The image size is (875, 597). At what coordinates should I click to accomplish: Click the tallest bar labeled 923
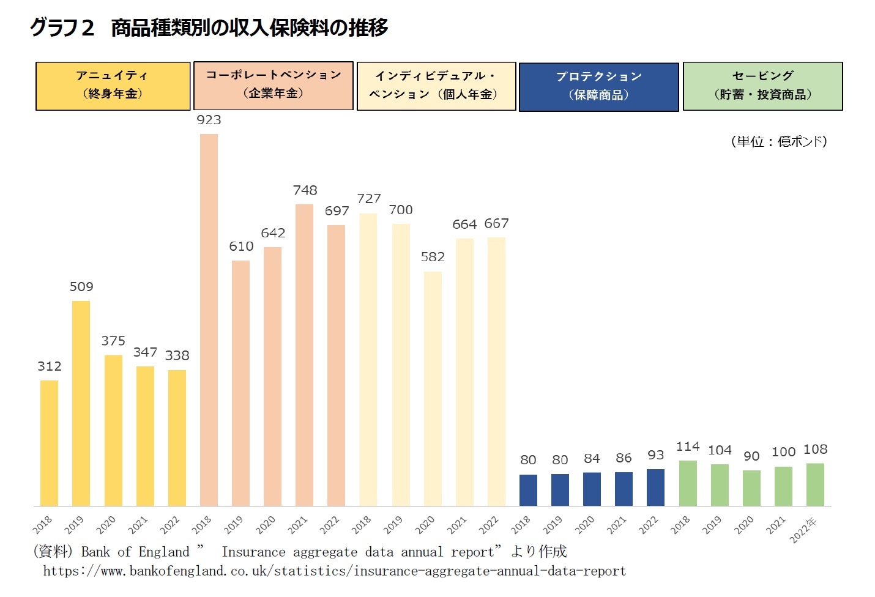(x=209, y=319)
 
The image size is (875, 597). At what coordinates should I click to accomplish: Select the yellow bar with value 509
(x=81, y=403)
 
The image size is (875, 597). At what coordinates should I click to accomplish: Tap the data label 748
(x=305, y=190)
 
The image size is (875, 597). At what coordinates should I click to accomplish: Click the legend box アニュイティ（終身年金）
(x=113, y=86)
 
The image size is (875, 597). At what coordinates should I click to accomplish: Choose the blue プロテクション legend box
(x=598, y=87)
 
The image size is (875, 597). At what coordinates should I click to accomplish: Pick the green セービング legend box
(x=762, y=86)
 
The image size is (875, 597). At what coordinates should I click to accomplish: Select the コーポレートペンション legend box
(x=273, y=85)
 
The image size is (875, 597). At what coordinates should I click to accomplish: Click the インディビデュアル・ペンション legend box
(x=436, y=86)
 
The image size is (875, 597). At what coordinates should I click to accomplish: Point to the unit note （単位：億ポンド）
(x=778, y=141)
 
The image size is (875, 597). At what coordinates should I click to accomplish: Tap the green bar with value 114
(x=688, y=483)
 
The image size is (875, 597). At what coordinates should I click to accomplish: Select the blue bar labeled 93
(x=655, y=488)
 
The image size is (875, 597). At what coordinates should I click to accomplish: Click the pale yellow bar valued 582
(x=433, y=388)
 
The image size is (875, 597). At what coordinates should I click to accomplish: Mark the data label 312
(x=50, y=366)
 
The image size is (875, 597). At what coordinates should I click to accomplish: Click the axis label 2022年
(x=803, y=530)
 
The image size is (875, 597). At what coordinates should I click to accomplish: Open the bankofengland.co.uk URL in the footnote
(x=334, y=571)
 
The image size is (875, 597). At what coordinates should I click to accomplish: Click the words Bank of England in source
(x=135, y=552)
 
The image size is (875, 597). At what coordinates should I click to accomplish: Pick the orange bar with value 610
(x=240, y=383)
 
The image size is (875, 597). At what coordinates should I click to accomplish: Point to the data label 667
(x=496, y=224)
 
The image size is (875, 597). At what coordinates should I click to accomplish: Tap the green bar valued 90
(x=751, y=488)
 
